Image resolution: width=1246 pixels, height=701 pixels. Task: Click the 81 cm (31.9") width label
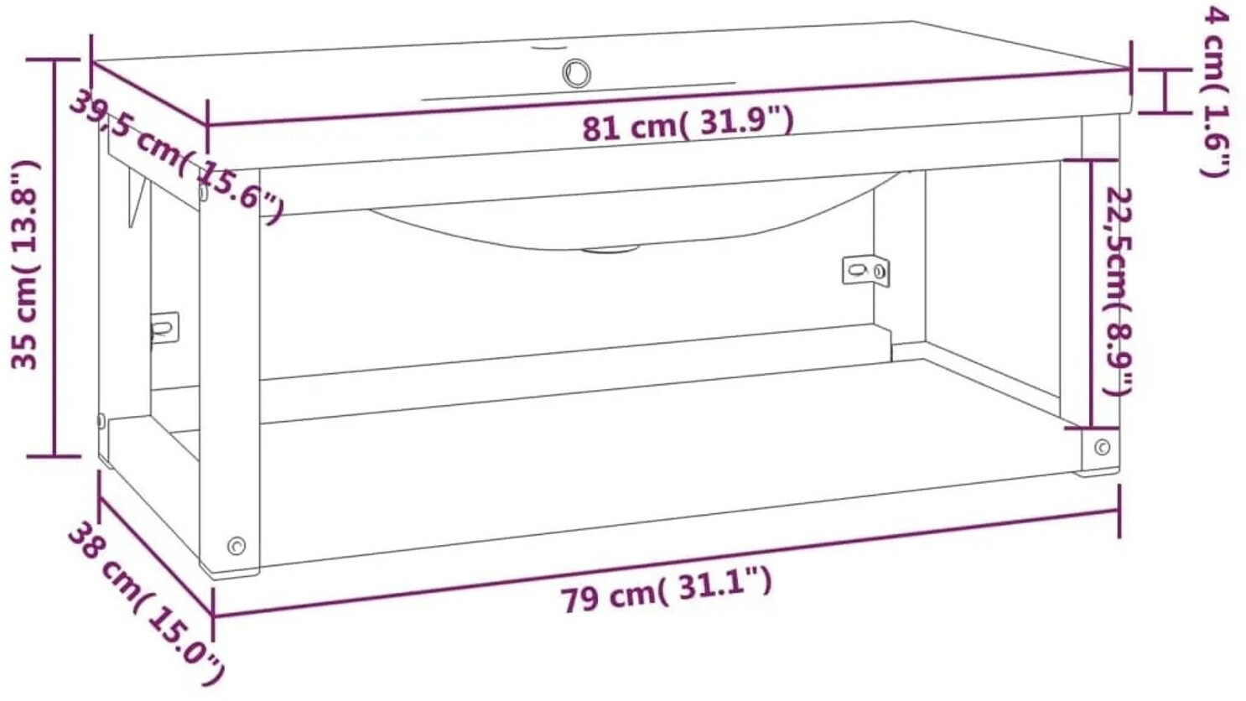pyautogui.click(x=688, y=125)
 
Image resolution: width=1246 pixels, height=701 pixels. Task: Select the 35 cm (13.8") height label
pyautogui.click(x=25, y=265)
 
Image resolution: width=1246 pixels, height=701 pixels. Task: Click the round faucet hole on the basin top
pyautogui.click(x=576, y=72)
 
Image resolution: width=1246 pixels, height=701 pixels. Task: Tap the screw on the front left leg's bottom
pyautogui.click(x=236, y=545)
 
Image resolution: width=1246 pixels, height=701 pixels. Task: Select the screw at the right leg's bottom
pyautogui.click(x=1102, y=447)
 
